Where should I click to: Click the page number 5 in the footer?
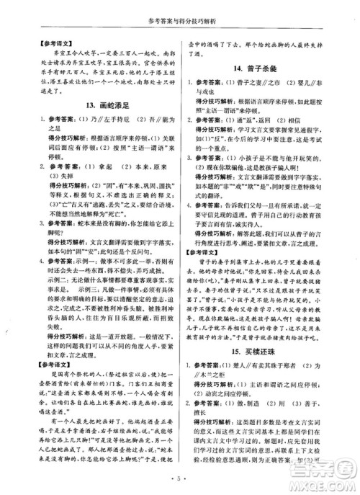tap(180, 478)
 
